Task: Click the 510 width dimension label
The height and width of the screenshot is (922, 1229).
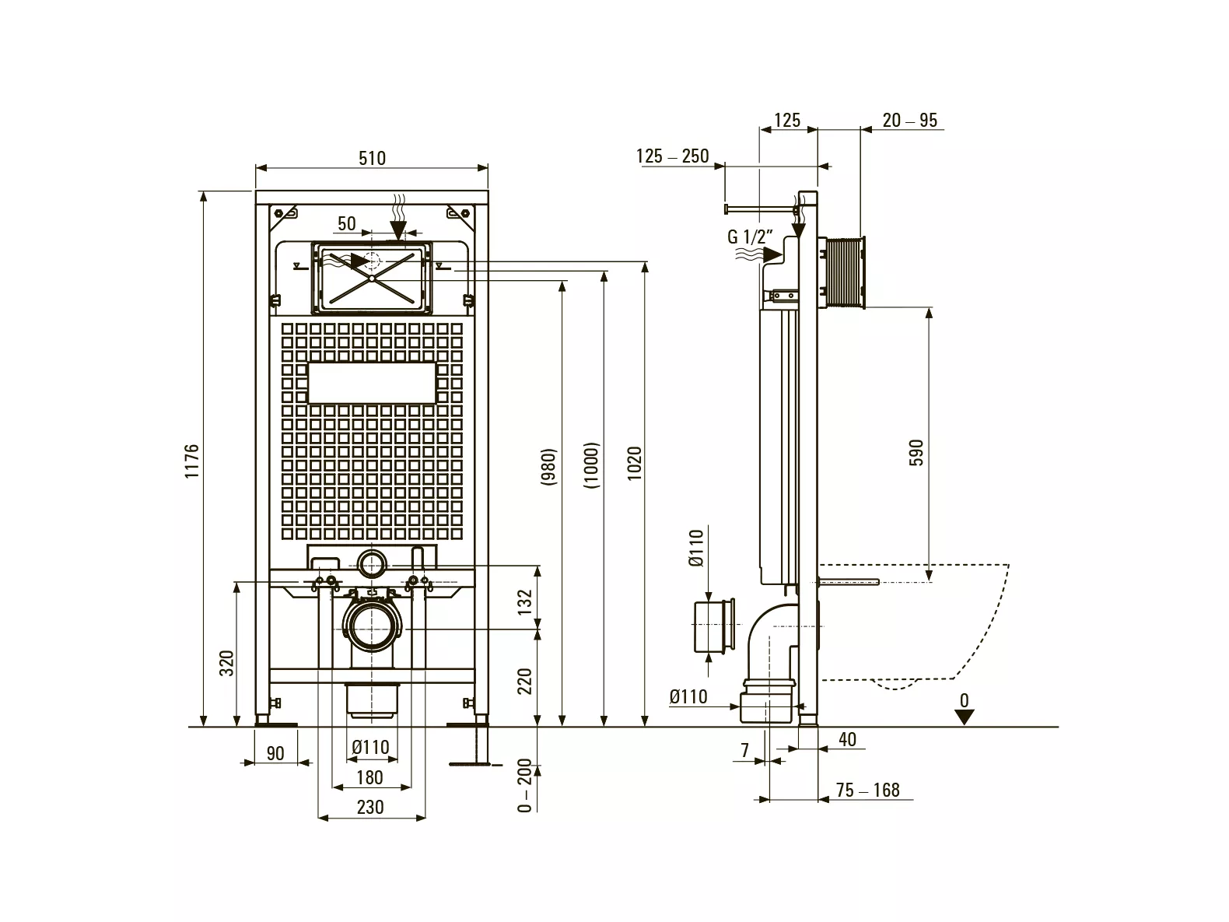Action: tap(372, 159)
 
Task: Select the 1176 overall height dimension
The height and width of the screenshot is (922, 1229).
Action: tap(192, 461)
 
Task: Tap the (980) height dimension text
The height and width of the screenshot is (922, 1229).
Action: tap(548, 467)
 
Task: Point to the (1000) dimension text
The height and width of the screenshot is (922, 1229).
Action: tap(591, 465)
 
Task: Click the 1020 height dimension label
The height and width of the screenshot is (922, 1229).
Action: tap(634, 463)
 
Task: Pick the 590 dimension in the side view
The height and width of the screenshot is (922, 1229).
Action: tap(916, 453)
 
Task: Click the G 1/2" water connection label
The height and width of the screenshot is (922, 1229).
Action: tap(751, 237)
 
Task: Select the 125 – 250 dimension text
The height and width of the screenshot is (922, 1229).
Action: tap(673, 156)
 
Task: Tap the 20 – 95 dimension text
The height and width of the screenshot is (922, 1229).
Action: tap(910, 121)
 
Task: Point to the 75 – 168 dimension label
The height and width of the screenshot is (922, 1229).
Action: tap(868, 790)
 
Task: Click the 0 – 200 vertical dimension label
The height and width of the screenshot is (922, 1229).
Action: tap(524, 785)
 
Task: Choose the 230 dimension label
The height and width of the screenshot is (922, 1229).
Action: tap(370, 807)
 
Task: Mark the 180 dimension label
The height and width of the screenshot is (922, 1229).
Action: tap(369, 777)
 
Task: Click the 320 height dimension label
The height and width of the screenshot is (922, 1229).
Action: tap(226, 664)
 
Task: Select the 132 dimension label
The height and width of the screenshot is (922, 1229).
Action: tap(524, 601)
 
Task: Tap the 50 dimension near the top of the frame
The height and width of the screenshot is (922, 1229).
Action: tap(347, 224)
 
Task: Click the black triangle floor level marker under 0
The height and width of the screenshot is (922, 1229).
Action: tap(965, 717)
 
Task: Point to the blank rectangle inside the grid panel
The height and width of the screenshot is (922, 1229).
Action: tap(372, 383)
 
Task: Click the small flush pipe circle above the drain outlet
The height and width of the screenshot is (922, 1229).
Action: tap(372, 564)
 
